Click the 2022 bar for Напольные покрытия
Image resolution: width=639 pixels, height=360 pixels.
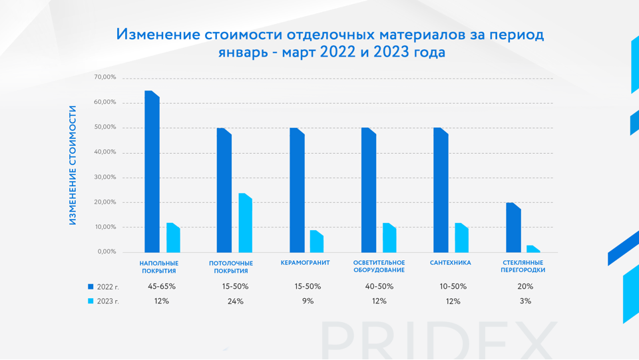coord(152,172)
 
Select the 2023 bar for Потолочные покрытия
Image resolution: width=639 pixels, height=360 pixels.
coord(246,223)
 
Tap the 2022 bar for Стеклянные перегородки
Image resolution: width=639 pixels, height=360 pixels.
coord(513,228)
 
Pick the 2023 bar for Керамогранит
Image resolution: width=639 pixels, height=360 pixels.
coord(317,242)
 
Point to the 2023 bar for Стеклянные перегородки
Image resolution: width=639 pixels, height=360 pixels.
coord(533,249)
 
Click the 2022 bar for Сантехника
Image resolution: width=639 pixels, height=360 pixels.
coord(441,190)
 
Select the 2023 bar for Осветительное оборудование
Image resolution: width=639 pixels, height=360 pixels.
coord(389,238)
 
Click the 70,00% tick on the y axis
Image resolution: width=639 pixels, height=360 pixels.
coord(105,78)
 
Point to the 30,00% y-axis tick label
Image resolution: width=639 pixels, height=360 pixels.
coord(105,177)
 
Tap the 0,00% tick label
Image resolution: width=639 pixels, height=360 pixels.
coord(106,252)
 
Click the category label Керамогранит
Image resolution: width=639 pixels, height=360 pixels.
coord(305,263)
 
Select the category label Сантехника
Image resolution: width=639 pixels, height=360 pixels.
coord(451,263)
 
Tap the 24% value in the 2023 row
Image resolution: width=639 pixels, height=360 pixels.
coord(236,301)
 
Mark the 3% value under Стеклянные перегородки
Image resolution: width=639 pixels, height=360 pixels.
coord(525,301)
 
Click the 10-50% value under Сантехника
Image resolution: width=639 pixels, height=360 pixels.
coord(453,287)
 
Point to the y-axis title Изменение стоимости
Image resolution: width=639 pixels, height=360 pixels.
coord(73,165)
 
